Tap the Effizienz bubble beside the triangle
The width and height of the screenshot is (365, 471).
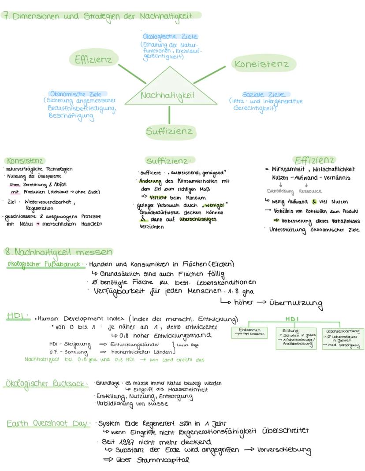93,60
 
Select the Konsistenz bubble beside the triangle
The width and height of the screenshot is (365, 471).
262,64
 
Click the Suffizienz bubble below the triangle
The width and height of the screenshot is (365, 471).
169,131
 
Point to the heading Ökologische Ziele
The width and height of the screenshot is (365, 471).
170,37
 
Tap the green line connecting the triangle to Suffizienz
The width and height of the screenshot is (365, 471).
169,115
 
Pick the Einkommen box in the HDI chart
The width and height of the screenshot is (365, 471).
249,332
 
